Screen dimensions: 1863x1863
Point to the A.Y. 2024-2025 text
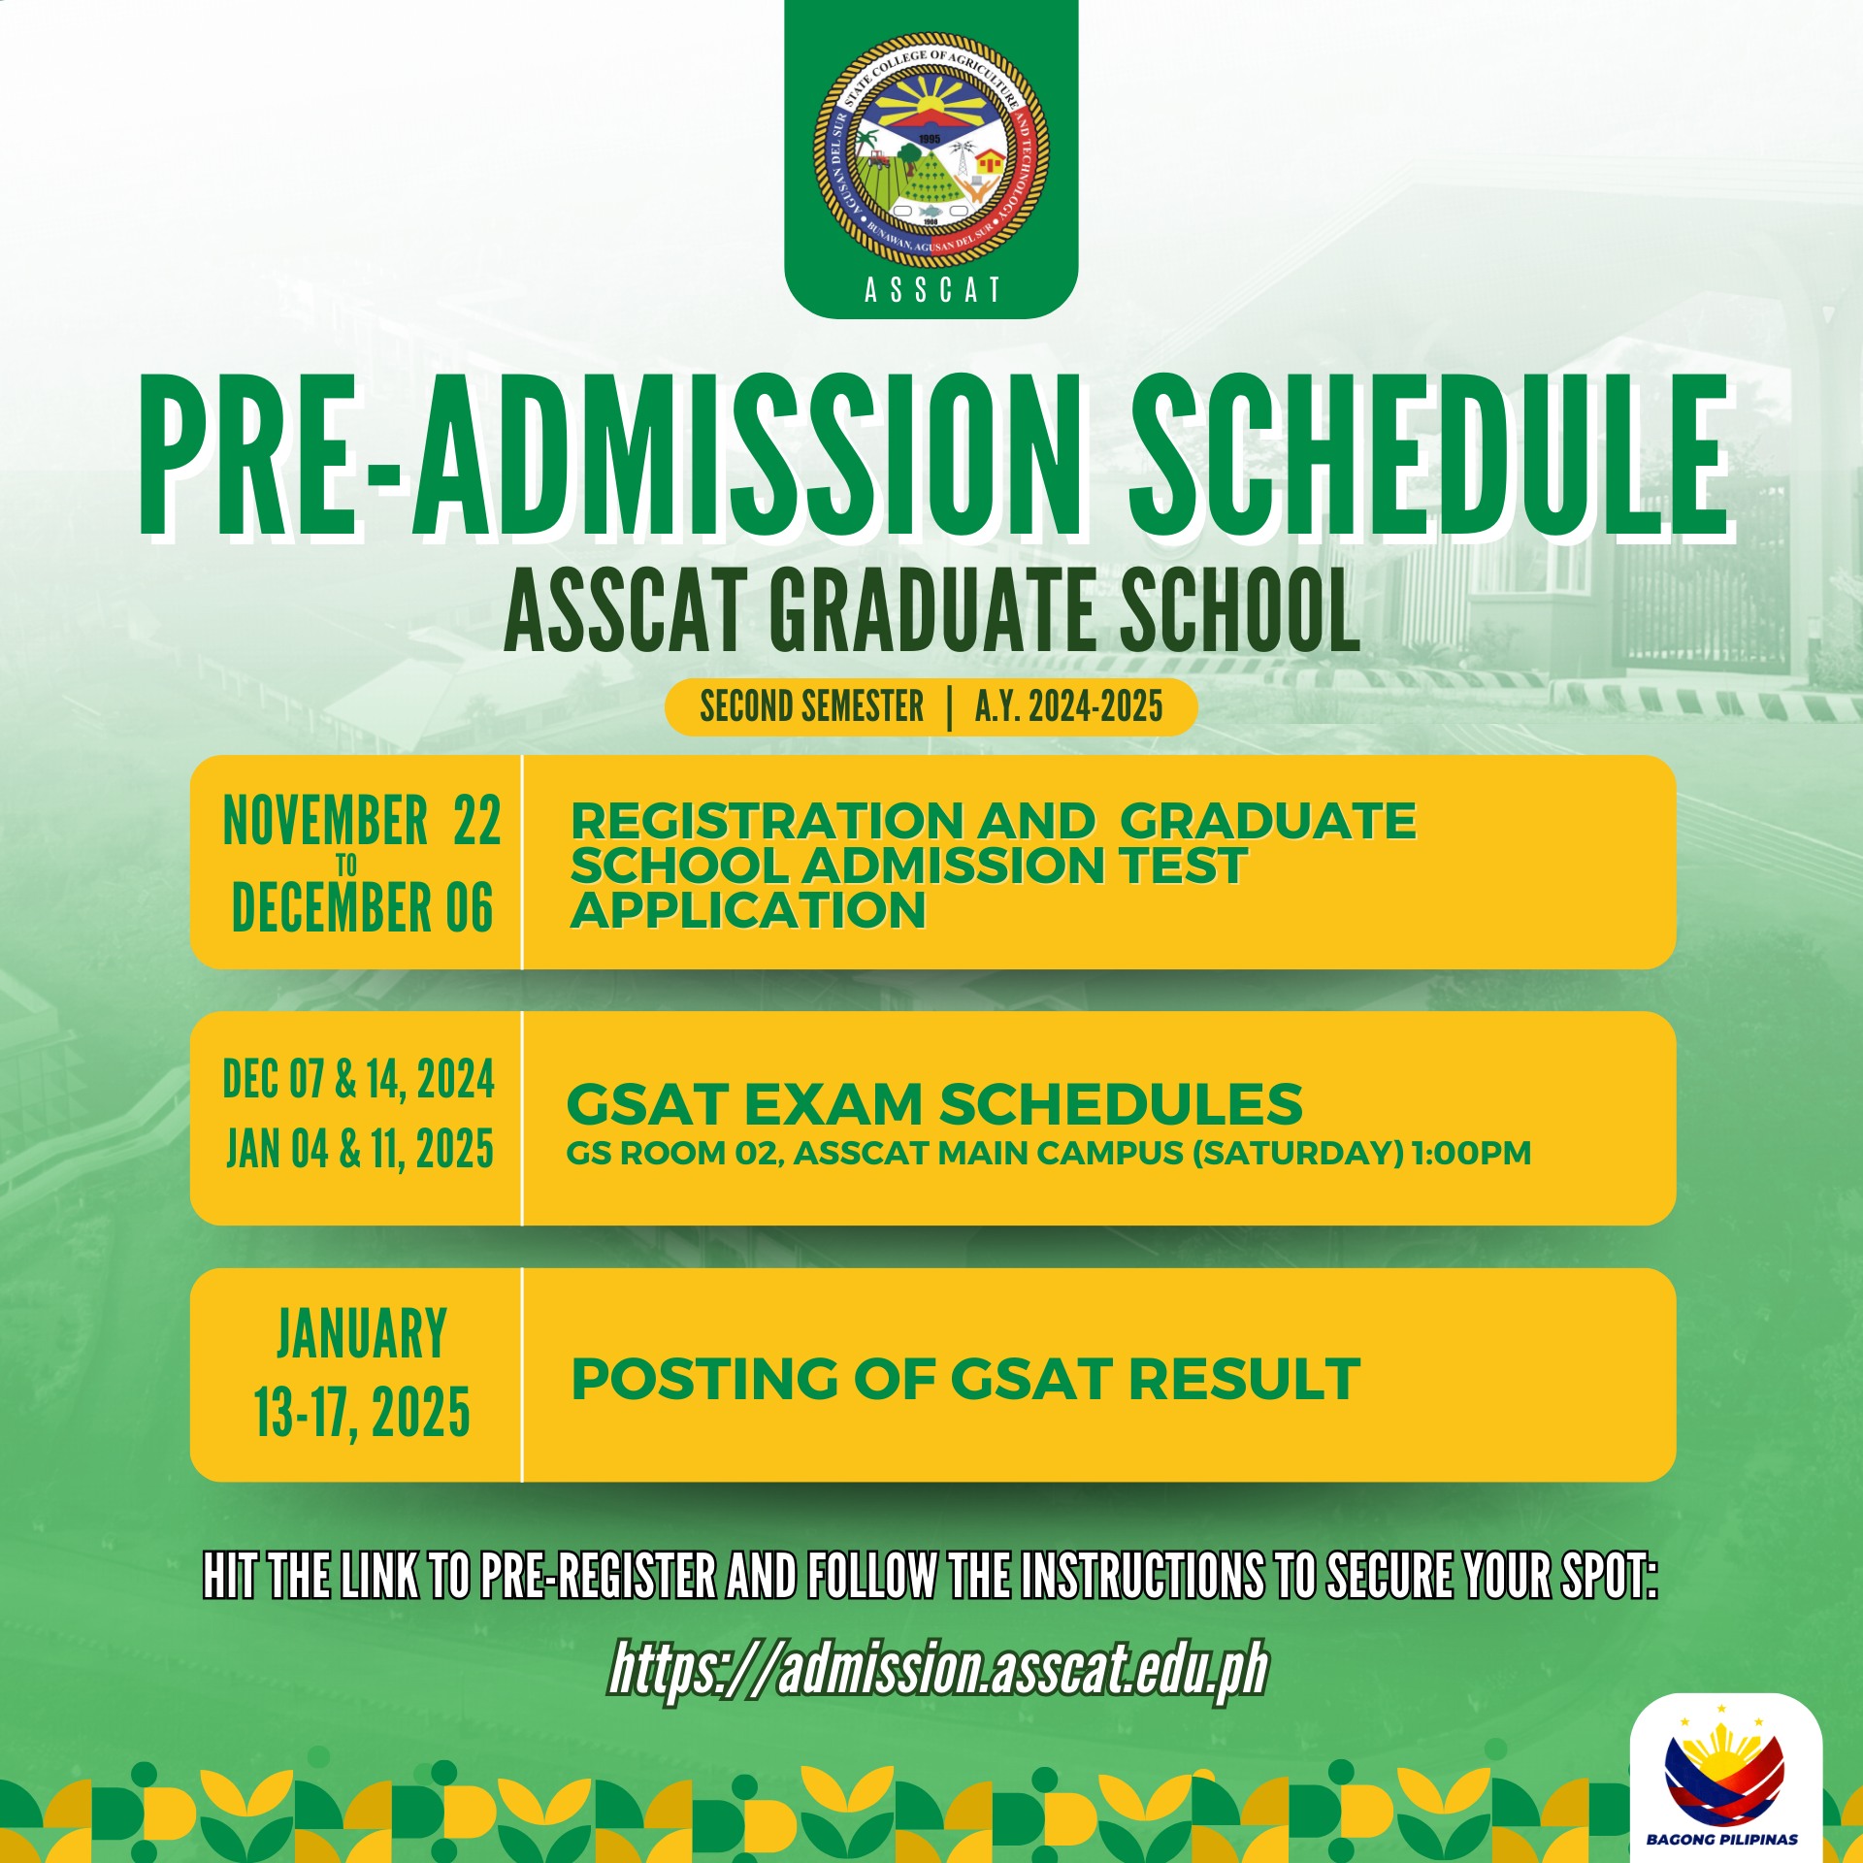tap(1068, 706)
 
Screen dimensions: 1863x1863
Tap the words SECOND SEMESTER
tap(812, 706)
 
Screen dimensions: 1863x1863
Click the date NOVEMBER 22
tap(362, 821)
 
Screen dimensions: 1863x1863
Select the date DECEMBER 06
tap(362, 907)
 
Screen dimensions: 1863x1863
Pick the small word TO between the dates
tap(346, 865)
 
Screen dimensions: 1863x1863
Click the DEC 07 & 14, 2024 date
tap(359, 1079)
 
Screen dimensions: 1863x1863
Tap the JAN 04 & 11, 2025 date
tap(360, 1149)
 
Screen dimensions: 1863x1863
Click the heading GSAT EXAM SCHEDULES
tap(934, 1103)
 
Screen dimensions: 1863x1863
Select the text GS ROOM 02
tap(673, 1153)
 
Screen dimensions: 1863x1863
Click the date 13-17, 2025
tap(362, 1413)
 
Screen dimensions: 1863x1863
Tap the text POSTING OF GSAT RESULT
tap(965, 1379)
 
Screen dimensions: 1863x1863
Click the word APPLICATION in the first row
tap(748, 909)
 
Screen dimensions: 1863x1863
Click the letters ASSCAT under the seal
tap(931, 290)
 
